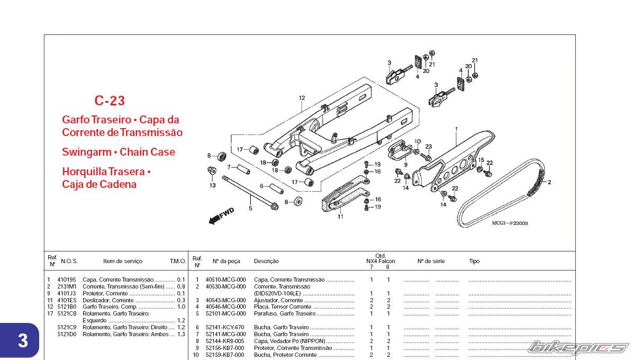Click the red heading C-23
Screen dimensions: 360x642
(x=110, y=101)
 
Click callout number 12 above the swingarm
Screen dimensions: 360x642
(x=302, y=98)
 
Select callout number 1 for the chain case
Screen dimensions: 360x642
(x=456, y=129)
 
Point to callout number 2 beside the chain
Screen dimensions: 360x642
(x=549, y=182)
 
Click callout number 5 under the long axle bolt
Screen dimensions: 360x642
(x=250, y=209)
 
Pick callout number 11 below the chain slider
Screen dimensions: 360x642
(x=340, y=217)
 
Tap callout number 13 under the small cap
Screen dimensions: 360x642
(x=212, y=186)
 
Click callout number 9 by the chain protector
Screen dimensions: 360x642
(x=405, y=165)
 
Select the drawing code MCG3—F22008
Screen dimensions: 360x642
(x=510, y=223)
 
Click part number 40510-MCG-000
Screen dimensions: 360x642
(x=225, y=280)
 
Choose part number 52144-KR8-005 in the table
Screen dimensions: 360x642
(x=225, y=341)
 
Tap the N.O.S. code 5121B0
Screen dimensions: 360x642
(x=67, y=307)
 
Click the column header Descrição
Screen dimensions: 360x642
(x=266, y=261)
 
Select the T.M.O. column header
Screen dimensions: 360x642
(x=178, y=261)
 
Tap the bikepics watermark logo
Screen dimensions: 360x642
(x=578, y=348)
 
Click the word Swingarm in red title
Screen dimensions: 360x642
(x=87, y=152)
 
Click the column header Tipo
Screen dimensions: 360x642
(x=474, y=261)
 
